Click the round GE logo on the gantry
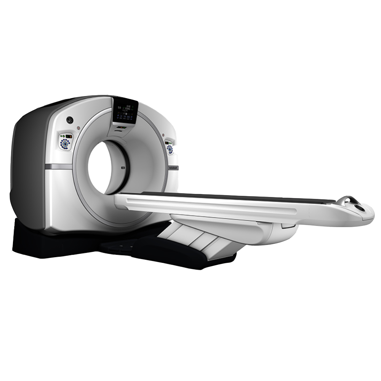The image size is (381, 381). [x=70, y=120]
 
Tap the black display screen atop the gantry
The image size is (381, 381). [x=125, y=110]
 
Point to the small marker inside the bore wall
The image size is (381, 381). [x=123, y=168]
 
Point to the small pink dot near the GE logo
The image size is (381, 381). [x=78, y=128]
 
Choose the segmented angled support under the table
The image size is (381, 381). [x=194, y=238]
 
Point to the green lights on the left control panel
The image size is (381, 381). [x=62, y=136]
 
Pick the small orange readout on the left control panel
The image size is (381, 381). [x=69, y=136]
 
